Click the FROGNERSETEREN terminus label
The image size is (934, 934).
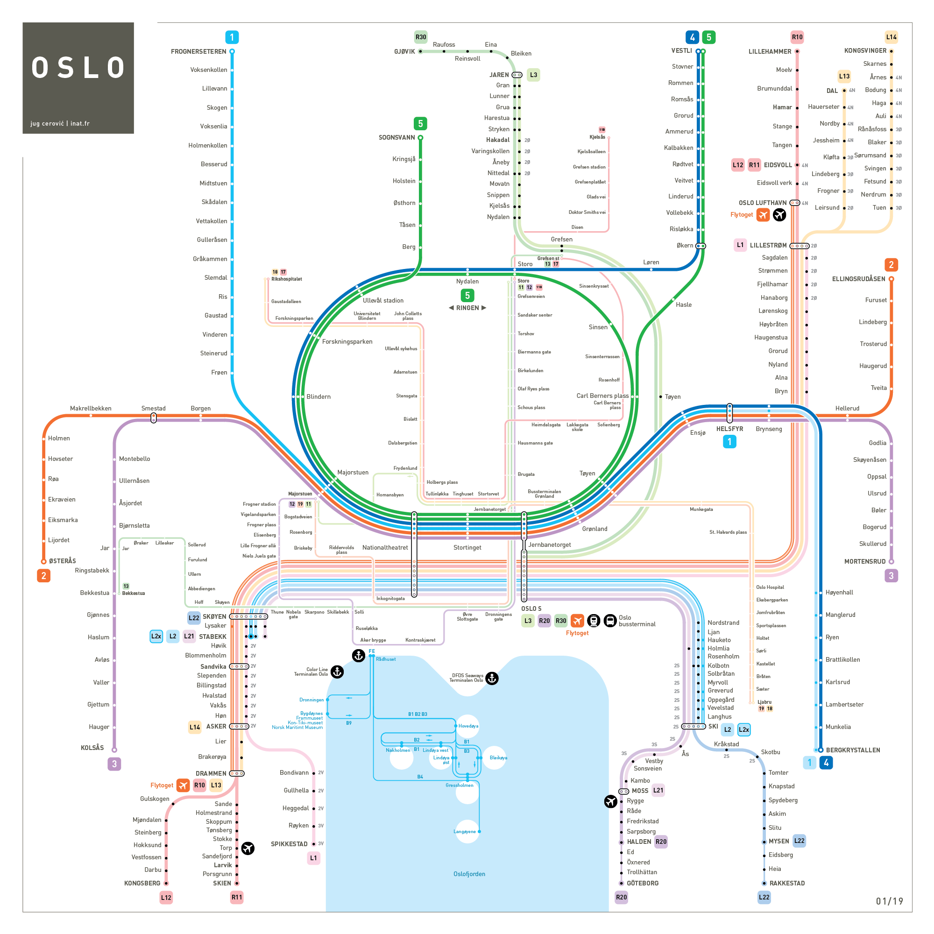point(198,52)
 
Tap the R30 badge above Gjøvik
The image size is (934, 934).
point(421,37)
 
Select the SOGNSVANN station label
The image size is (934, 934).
point(396,138)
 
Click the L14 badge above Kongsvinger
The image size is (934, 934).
point(891,37)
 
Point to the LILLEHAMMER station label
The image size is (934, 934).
point(770,52)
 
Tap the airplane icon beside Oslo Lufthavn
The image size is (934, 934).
point(779,215)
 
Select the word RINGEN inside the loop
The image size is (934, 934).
point(467,308)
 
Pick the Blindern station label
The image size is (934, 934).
point(318,396)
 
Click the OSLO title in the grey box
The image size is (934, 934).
point(78,68)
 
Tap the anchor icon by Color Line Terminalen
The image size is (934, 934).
point(337,672)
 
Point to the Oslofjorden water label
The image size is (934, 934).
point(469,874)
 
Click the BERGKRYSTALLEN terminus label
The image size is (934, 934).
point(853,750)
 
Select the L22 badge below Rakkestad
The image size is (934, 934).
point(764,897)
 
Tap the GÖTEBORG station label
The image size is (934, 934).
point(643,883)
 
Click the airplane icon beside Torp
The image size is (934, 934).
point(248,848)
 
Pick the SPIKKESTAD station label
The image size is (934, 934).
point(289,844)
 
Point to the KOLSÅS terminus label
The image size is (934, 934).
point(92,747)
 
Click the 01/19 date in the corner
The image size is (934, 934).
point(890,901)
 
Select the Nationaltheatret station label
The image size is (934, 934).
point(385,548)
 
